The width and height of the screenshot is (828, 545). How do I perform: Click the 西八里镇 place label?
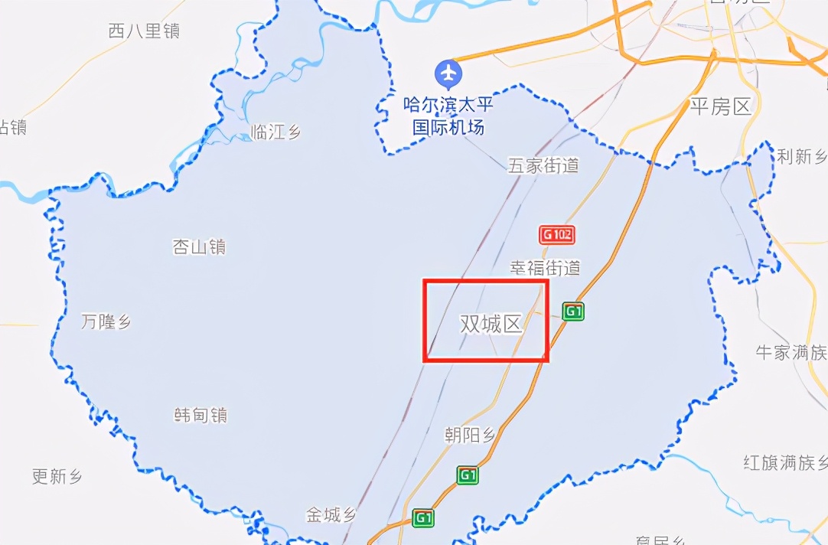coord(144,31)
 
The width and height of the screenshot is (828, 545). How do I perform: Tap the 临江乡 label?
coord(276,132)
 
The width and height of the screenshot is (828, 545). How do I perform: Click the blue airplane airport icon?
coord(448,74)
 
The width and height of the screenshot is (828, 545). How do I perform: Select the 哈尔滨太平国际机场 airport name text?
coord(448,116)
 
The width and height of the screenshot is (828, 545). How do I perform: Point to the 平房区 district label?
coord(721,106)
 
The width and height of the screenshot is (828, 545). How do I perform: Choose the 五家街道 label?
coord(544,165)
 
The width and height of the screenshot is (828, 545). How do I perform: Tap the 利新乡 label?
coord(802,157)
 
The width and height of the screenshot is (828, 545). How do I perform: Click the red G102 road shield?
coord(556,234)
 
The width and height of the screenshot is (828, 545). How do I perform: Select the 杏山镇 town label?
coord(199,246)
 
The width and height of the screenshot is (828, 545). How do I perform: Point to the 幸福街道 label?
coord(546,267)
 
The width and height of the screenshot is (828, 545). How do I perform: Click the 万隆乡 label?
coord(106,321)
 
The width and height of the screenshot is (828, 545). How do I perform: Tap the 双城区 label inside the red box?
coord(491,325)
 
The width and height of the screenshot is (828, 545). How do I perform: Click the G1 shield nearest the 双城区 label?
coord(574,311)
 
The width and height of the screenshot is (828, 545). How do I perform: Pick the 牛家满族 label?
coord(791,352)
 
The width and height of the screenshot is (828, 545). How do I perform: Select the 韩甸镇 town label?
coord(200,415)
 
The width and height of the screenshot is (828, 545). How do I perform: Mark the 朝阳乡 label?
coord(470,436)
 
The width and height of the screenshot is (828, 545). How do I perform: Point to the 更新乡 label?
coord(57,476)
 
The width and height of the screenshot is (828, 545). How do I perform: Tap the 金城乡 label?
coord(331,514)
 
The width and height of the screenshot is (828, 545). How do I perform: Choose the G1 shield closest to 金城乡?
coord(422,518)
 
